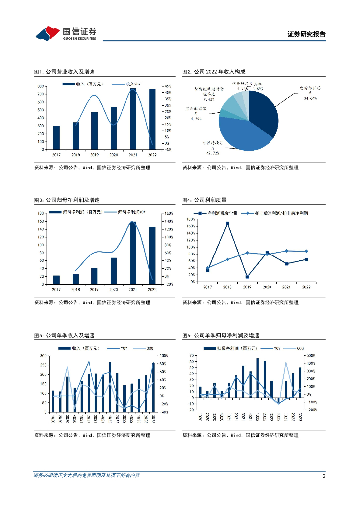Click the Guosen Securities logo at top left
pyautogui.click(x=66, y=33)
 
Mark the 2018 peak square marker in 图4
pyautogui.click(x=227, y=224)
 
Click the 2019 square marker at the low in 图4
pyautogui.click(x=247, y=277)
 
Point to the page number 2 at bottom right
pyautogui.click(x=324, y=476)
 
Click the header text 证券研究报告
pyautogui.click(x=307, y=34)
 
